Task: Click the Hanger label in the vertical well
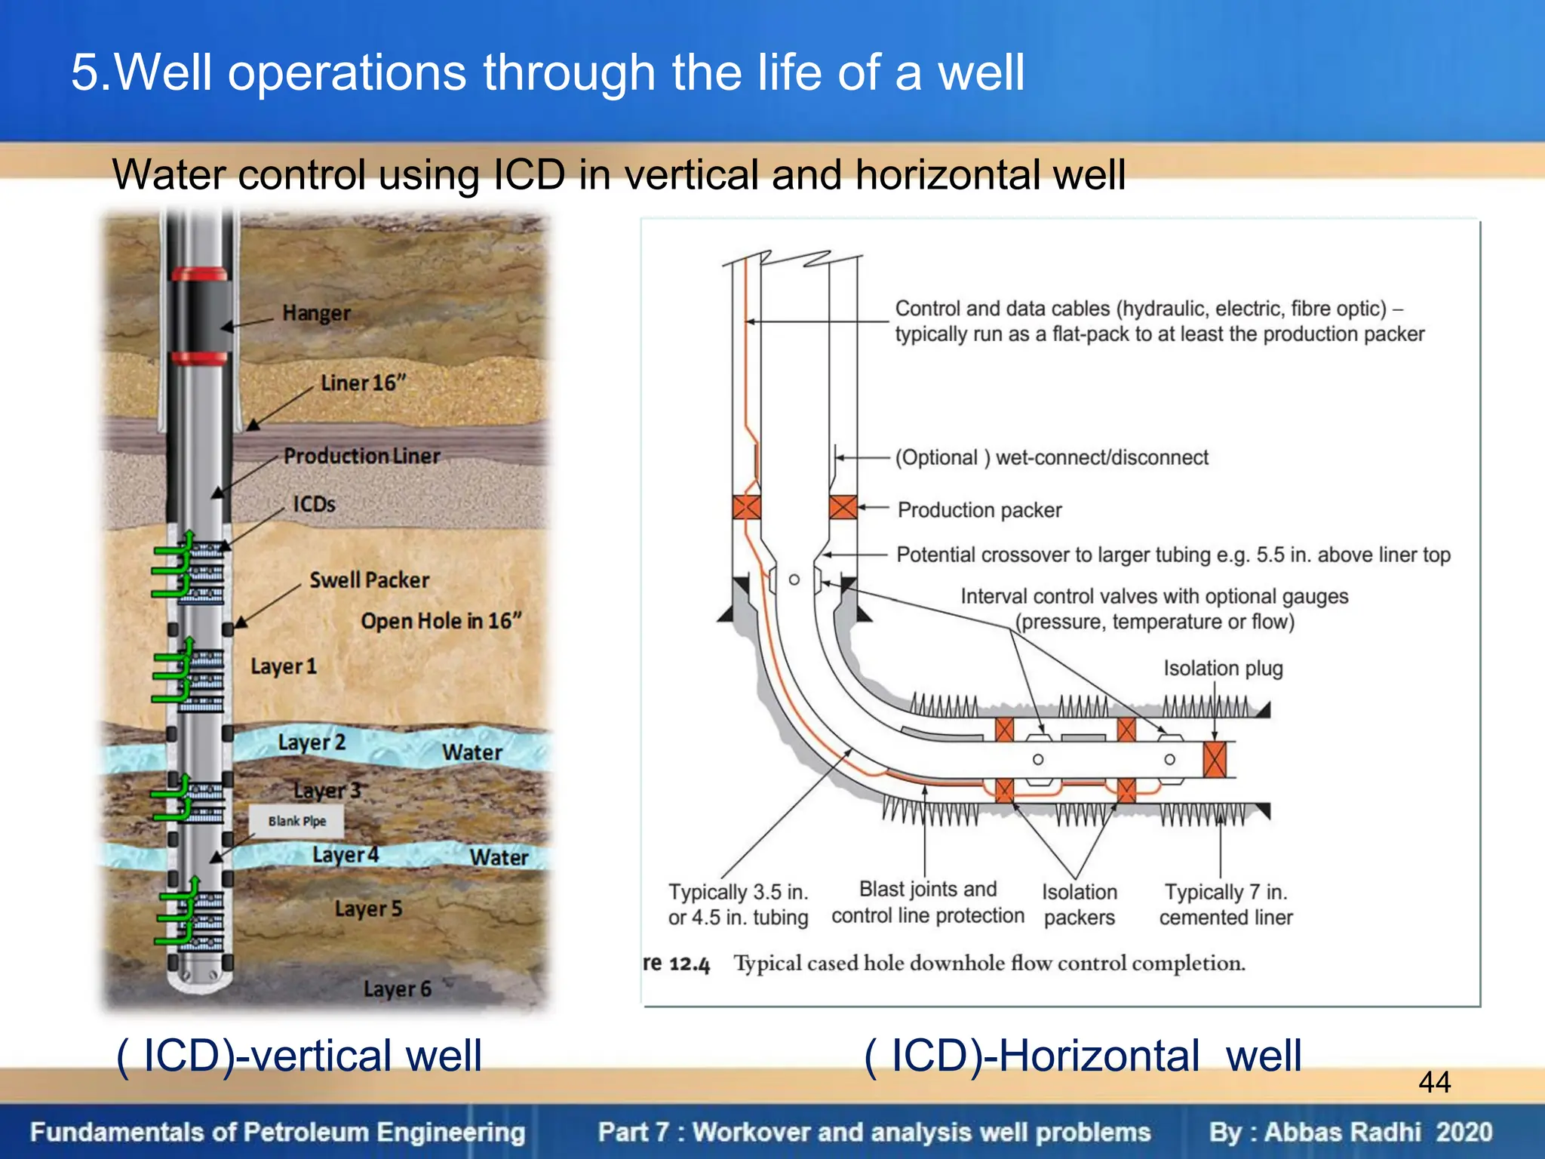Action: pos(316,313)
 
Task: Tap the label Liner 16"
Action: pos(363,383)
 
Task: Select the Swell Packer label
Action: pos(369,580)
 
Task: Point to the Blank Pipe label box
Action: pos(296,821)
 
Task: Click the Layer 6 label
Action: pos(397,989)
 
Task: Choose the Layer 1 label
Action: pos(284,667)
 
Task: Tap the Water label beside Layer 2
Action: pos(472,752)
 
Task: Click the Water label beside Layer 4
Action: pos(499,858)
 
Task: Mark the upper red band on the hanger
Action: pos(199,273)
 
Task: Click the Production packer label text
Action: pos(979,511)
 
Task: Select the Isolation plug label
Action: pos(1222,669)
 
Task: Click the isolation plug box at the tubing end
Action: pos(1215,759)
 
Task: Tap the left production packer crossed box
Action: pos(746,507)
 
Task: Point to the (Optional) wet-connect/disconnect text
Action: pos(1052,458)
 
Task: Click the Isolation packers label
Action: pos(1079,905)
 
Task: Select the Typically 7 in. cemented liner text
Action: pos(1226,905)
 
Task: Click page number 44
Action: pos(1434,1082)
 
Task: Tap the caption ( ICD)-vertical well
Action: pos(299,1055)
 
